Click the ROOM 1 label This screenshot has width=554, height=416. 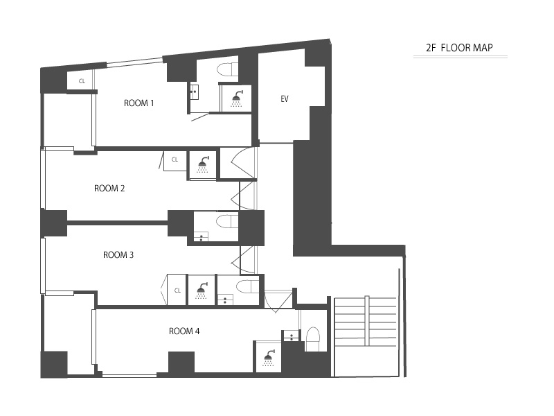139,103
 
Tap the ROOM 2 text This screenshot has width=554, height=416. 109,189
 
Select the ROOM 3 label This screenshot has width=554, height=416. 118,255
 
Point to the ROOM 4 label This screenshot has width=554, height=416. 184,331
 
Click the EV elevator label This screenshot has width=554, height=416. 285,99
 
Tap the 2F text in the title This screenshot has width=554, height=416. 431,48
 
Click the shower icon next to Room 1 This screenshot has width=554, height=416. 237,98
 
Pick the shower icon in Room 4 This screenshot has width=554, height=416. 269,358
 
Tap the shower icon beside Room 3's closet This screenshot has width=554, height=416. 202,291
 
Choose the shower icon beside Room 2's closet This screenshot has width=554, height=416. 203,164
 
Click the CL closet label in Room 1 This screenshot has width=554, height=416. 82,81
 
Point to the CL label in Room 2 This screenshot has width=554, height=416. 175,159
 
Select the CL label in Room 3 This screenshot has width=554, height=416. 177,291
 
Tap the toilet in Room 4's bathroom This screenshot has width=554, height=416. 312,339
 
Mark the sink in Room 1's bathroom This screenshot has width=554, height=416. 195,92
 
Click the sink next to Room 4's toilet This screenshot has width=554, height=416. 291,336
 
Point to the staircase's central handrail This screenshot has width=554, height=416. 367,321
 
